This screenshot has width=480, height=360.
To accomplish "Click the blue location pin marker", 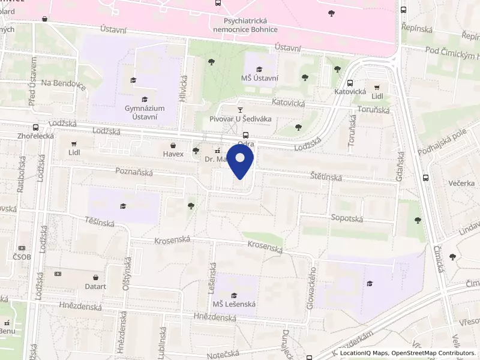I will point(241,163).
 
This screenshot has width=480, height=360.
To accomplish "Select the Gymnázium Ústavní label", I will point(144,112).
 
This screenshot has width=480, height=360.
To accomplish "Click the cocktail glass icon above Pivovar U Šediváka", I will point(241,110).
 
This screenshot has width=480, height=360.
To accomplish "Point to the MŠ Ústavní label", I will point(259,77).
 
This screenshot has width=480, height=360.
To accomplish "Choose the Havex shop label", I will point(173,154).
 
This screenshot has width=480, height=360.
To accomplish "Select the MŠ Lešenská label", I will point(233,304).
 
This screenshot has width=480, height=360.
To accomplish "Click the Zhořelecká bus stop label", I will point(36,136).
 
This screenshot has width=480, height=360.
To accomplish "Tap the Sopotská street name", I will point(347,219).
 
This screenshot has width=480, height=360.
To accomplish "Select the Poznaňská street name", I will point(134,172).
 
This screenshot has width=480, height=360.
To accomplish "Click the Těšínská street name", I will point(100,222).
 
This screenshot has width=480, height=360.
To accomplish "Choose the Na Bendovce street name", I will point(64,85).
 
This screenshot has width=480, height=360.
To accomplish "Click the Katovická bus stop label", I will point(350,92).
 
